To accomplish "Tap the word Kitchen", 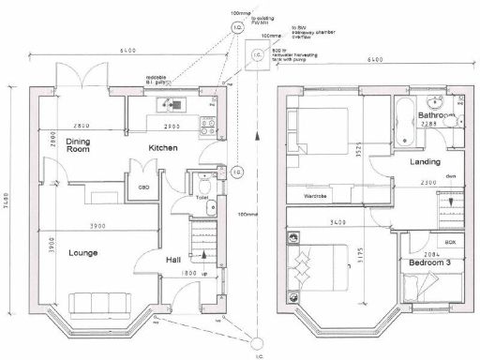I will click(x=163, y=148).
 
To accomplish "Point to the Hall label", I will click(x=173, y=260).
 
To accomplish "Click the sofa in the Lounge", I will click(x=95, y=302).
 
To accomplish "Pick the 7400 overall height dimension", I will click(x=8, y=202).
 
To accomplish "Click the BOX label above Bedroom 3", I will click(x=450, y=242).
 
